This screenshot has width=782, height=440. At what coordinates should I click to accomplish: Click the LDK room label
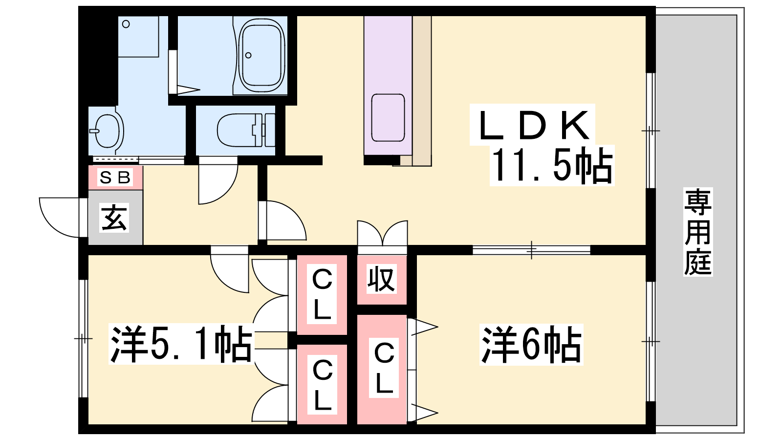[x=533, y=126]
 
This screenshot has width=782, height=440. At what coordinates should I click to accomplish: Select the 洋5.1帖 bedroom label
[x=181, y=344]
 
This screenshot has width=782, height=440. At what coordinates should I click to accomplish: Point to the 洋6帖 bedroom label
[x=531, y=344]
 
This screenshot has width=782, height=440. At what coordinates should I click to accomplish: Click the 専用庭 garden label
[x=698, y=232]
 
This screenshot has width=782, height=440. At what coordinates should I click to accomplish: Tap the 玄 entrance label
[x=114, y=218]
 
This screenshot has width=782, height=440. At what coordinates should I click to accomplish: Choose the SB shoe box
[x=115, y=177]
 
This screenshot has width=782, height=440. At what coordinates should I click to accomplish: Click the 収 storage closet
[x=382, y=280]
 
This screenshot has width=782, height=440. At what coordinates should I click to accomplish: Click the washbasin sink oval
[x=107, y=131]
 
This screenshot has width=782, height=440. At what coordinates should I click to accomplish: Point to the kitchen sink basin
[x=388, y=117]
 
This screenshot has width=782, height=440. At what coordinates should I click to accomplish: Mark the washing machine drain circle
[x=126, y=24]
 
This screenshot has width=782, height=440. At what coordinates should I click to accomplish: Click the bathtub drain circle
[x=248, y=55]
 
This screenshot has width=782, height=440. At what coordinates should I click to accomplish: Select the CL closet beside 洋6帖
[x=384, y=369]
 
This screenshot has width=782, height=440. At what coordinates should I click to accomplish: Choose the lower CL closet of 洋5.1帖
[x=322, y=385]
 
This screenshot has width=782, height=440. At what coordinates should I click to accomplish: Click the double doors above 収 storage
[x=382, y=234]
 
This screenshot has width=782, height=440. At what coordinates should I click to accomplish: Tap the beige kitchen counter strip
[x=422, y=90]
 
